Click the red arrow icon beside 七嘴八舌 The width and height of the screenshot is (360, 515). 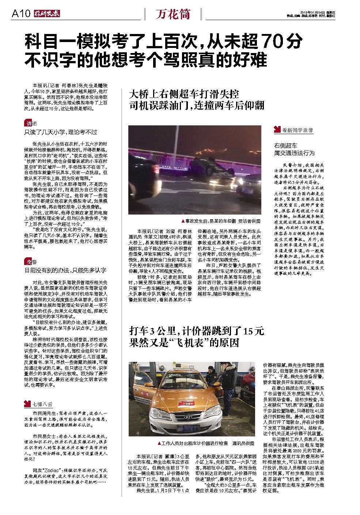(x=27, y=404)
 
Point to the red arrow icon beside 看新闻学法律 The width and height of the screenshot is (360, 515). (x=277, y=130)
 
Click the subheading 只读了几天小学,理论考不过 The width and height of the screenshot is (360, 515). (x=61, y=132)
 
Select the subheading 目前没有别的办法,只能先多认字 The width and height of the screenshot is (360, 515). (x=65, y=270)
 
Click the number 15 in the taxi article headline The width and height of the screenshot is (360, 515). (x=248, y=332)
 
